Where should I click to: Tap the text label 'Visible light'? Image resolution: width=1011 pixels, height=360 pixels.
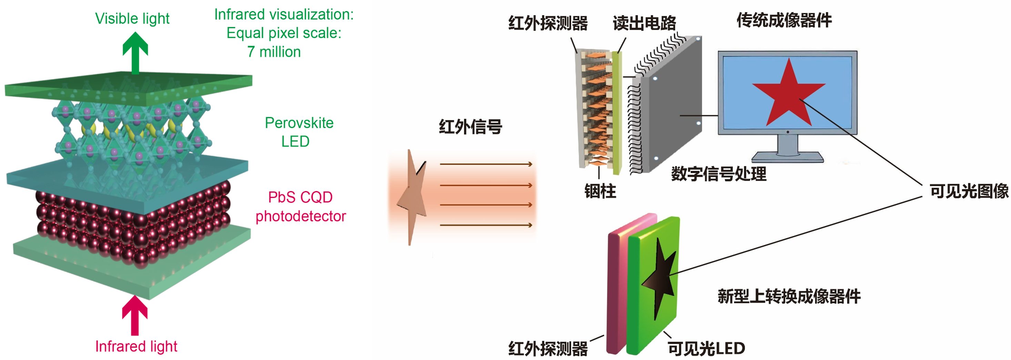point(132,19)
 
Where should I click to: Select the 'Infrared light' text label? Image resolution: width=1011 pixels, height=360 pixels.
point(136,346)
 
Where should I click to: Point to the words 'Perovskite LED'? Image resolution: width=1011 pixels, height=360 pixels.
point(299,132)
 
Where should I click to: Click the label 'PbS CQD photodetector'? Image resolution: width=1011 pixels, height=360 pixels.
point(301,207)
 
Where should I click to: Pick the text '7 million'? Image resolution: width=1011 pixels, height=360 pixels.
point(274,52)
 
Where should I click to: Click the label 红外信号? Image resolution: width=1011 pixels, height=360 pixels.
point(470,127)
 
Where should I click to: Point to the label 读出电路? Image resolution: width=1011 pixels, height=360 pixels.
point(645,23)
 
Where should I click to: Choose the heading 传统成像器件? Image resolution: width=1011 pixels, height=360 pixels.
point(784,20)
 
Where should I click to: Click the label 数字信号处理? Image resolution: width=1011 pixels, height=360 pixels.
point(719,173)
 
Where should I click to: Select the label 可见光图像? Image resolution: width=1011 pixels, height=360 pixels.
point(969,191)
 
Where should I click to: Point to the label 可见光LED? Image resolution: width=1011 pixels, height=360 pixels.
point(706,348)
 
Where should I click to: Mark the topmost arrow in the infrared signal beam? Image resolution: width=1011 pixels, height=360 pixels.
point(486,164)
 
